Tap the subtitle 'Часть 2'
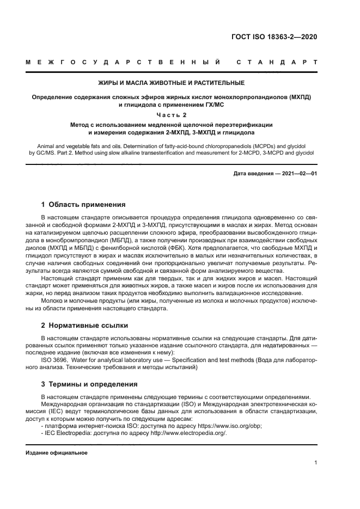(171, 114)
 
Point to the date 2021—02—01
(299, 174)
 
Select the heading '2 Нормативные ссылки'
(84, 326)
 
